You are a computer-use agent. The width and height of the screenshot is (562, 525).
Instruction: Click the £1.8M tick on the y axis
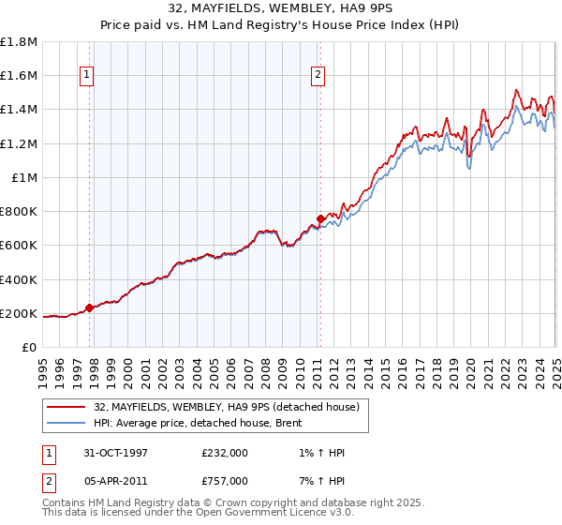[20, 42]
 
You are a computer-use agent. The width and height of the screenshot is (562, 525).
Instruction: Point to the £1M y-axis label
[25, 177]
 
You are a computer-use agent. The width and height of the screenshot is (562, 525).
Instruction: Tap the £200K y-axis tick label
[20, 313]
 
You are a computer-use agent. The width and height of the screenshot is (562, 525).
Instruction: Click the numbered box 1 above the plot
[87, 77]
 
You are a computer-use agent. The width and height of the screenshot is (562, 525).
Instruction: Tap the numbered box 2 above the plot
[318, 77]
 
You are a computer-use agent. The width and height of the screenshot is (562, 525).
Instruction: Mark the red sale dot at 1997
[90, 307]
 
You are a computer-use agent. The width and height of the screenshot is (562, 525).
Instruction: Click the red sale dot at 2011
[320, 218]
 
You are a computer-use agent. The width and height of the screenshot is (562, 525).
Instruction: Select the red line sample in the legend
[67, 406]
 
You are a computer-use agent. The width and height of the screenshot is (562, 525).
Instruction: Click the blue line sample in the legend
[67, 423]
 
